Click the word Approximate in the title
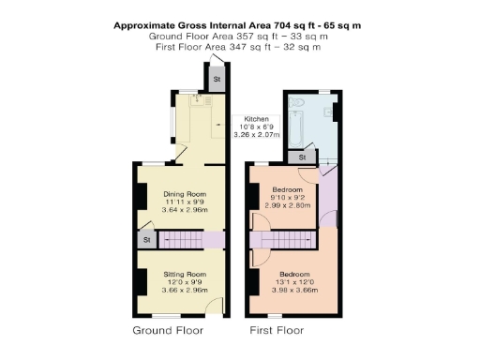click(x=147, y=25)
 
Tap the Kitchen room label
click(x=257, y=120)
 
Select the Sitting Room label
click(x=179, y=274)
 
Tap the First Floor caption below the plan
click(x=277, y=331)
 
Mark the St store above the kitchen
click(x=216, y=80)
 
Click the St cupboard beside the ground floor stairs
click(x=147, y=241)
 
